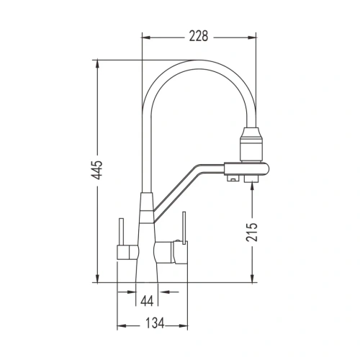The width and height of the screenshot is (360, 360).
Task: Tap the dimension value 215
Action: tap(264, 231)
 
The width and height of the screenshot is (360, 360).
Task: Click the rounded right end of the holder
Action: tap(266, 169)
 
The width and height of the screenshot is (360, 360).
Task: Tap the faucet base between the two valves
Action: tap(147, 266)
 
